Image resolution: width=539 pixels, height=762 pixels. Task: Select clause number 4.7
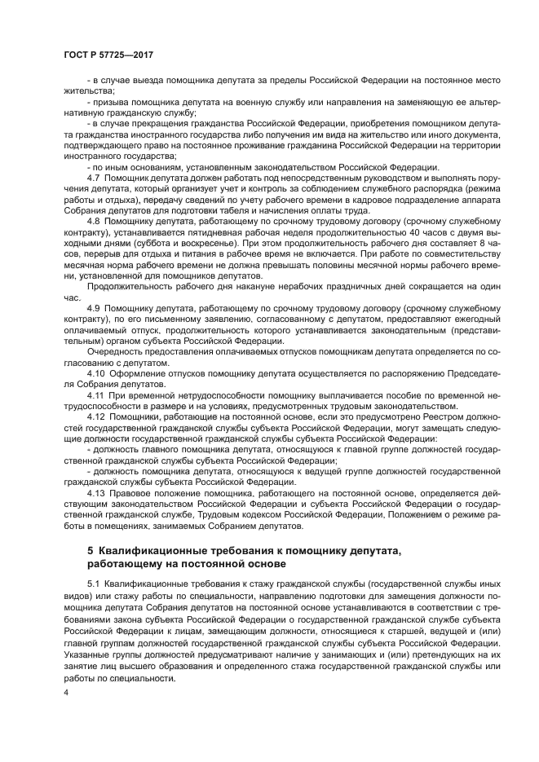(x=93, y=177)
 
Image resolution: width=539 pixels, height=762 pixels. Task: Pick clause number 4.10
(x=95, y=372)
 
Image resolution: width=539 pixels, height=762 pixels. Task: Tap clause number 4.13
(x=95, y=493)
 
